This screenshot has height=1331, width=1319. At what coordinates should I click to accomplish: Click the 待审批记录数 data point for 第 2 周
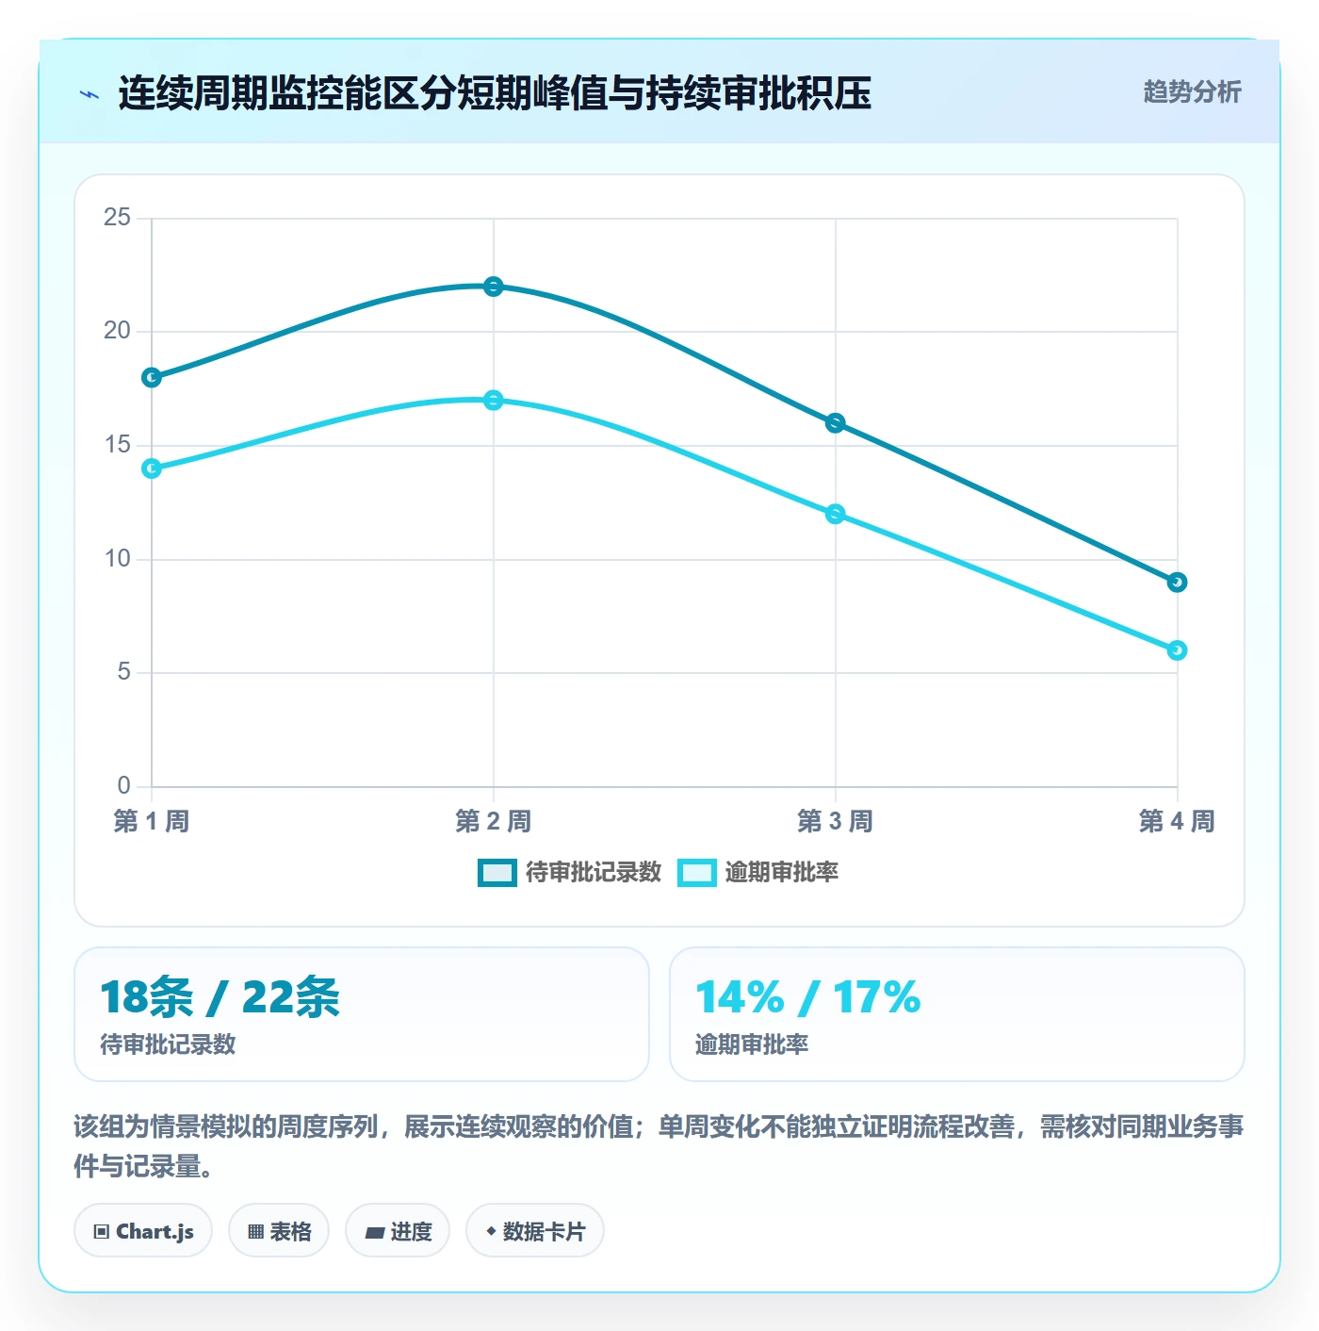493,286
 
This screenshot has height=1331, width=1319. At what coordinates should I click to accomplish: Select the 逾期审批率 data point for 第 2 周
493,400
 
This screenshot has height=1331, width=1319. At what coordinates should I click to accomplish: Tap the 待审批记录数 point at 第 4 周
1177,583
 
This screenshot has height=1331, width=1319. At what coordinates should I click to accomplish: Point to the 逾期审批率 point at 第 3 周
835,514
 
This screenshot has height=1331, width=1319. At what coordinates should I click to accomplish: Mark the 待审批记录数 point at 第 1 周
152,377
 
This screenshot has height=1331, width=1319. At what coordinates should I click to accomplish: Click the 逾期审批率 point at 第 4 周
1177,650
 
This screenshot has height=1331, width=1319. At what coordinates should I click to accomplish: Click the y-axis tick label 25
117,217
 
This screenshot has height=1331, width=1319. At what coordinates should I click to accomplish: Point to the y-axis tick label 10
117,558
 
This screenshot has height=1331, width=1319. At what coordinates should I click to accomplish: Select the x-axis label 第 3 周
835,821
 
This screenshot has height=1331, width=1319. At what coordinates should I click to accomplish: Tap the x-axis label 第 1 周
152,821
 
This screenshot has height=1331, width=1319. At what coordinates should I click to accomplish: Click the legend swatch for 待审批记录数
497,872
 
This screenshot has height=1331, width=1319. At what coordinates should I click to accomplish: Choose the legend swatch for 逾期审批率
697,872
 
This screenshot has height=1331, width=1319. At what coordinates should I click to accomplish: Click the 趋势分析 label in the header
1193,91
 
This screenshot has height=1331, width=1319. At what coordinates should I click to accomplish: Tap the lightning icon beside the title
90,94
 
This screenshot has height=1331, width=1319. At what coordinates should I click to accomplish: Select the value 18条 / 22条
220,996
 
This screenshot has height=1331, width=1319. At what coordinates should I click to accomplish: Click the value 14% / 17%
808,996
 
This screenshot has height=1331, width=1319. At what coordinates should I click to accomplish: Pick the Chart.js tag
143,1231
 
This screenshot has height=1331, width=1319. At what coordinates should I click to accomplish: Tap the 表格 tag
279,1231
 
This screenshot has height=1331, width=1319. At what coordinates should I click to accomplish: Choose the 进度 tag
398,1231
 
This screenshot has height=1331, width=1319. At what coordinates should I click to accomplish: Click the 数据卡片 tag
535,1231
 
